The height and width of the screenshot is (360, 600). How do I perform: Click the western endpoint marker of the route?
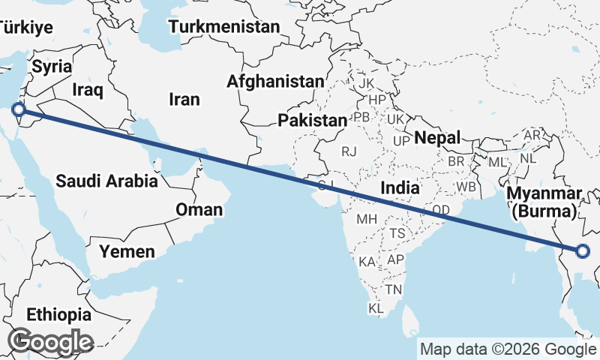tap(19, 111)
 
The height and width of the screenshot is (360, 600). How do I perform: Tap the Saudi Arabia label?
tap(106, 181)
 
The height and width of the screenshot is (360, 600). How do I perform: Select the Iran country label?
tap(184, 99)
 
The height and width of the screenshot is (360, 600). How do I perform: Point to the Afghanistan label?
tap(276, 81)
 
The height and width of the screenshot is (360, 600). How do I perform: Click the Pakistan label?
tap(312, 120)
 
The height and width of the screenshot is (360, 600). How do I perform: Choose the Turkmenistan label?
tap(223, 27)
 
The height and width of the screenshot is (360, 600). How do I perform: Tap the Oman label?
tap(199, 209)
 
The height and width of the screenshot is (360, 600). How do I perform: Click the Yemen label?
tap(127, 251)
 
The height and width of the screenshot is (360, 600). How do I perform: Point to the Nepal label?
tap(436, 138)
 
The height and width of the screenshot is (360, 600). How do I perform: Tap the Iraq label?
tap(88, 89)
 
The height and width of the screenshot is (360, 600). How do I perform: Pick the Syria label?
tap(52, 66)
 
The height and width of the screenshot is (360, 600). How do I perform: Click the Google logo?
tap(50, 342)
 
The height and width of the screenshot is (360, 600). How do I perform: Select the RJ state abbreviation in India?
tap(349, 151)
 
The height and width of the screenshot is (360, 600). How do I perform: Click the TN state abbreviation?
tap(394, 289)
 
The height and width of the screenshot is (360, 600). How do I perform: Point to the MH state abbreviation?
tap(366, 219)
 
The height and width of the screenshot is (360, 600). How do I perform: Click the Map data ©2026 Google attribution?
tap(507, 349)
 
